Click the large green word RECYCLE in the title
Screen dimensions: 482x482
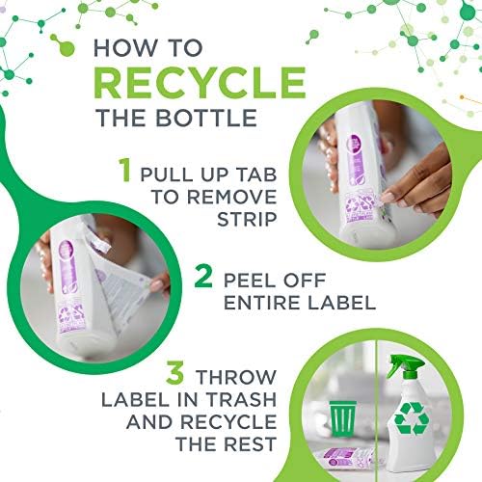[x=200, y=82]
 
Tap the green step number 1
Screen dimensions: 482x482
[x=124, y=170]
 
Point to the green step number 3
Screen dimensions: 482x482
[x=175, y=372]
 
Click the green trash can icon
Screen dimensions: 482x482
[x=343, y=418]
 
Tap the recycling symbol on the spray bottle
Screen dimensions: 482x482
[x=412, y=418]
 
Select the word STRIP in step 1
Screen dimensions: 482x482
[x=247, y=219]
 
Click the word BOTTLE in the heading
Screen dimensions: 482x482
[x=206, y=118]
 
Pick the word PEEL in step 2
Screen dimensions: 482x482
[x=250, y=281]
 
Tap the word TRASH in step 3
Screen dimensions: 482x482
[x=241, y=399]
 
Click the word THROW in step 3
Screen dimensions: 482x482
[x=236, y=377]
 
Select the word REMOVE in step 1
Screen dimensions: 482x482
[x=231, y=197]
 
